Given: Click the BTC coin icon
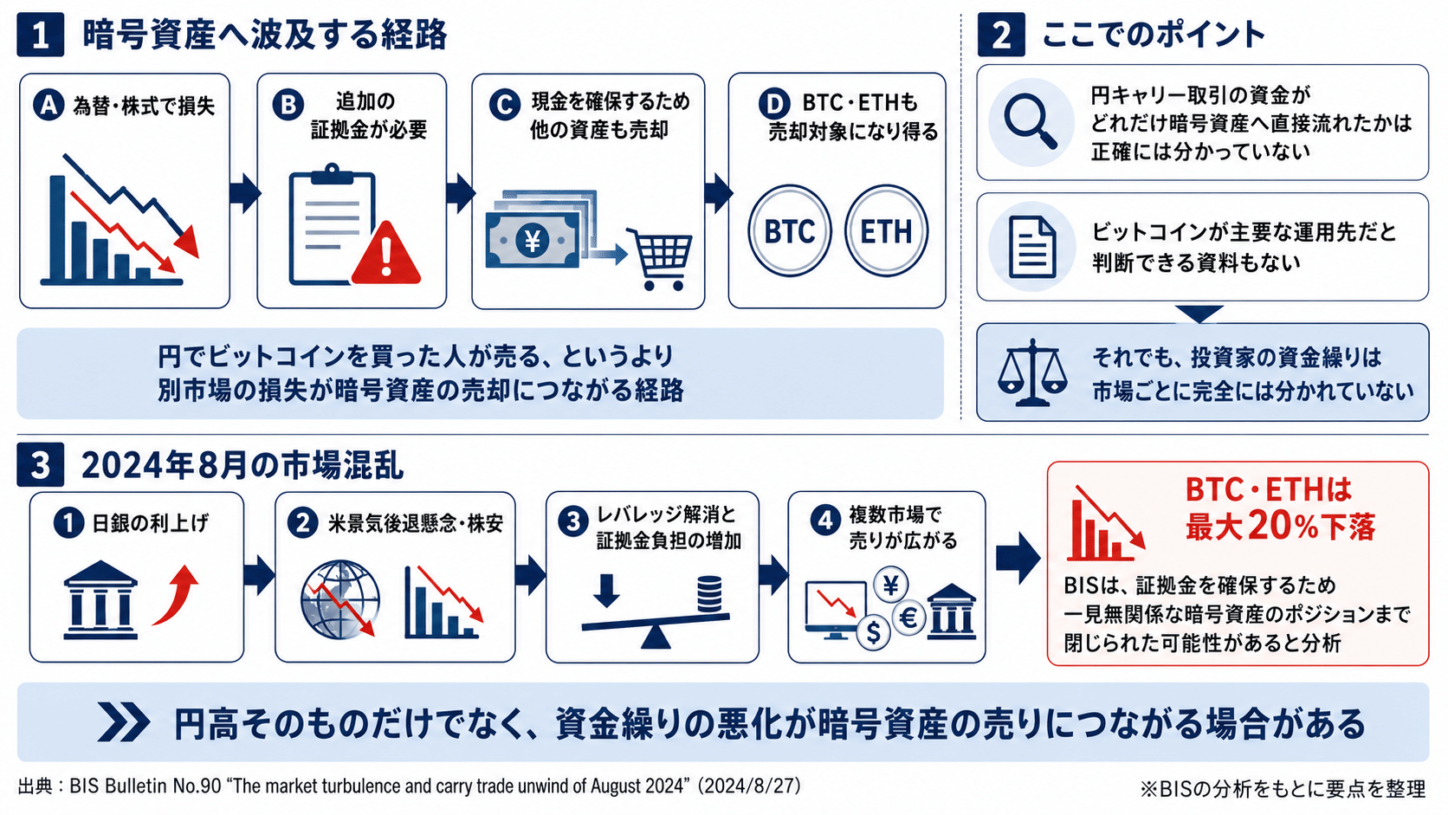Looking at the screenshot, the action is point(789,231).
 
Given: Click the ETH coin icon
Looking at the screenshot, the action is point(886,231).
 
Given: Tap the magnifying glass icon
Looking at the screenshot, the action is point(1030,123).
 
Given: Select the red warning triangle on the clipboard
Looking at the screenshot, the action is point(386,253).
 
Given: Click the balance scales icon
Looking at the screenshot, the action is point(1031,373).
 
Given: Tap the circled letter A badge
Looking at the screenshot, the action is point(49,104).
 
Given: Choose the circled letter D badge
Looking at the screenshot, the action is point(773,103).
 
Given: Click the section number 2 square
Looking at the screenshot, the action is point(1000,35).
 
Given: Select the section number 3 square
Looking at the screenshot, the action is point(40,465).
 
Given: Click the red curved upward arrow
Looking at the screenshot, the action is point(176,596).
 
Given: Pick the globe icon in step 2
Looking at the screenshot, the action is point(340,600).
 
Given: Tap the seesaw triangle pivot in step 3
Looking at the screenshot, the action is point(656,637).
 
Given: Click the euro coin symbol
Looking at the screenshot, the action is point(908,618).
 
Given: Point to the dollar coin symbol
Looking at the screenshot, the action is point(873,631).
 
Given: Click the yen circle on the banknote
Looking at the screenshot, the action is point(533,241).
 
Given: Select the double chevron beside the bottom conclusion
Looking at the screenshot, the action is point(124,722).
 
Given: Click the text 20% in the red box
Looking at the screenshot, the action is point(1283,527).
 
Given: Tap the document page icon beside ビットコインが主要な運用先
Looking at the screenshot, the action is point(1032,247).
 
